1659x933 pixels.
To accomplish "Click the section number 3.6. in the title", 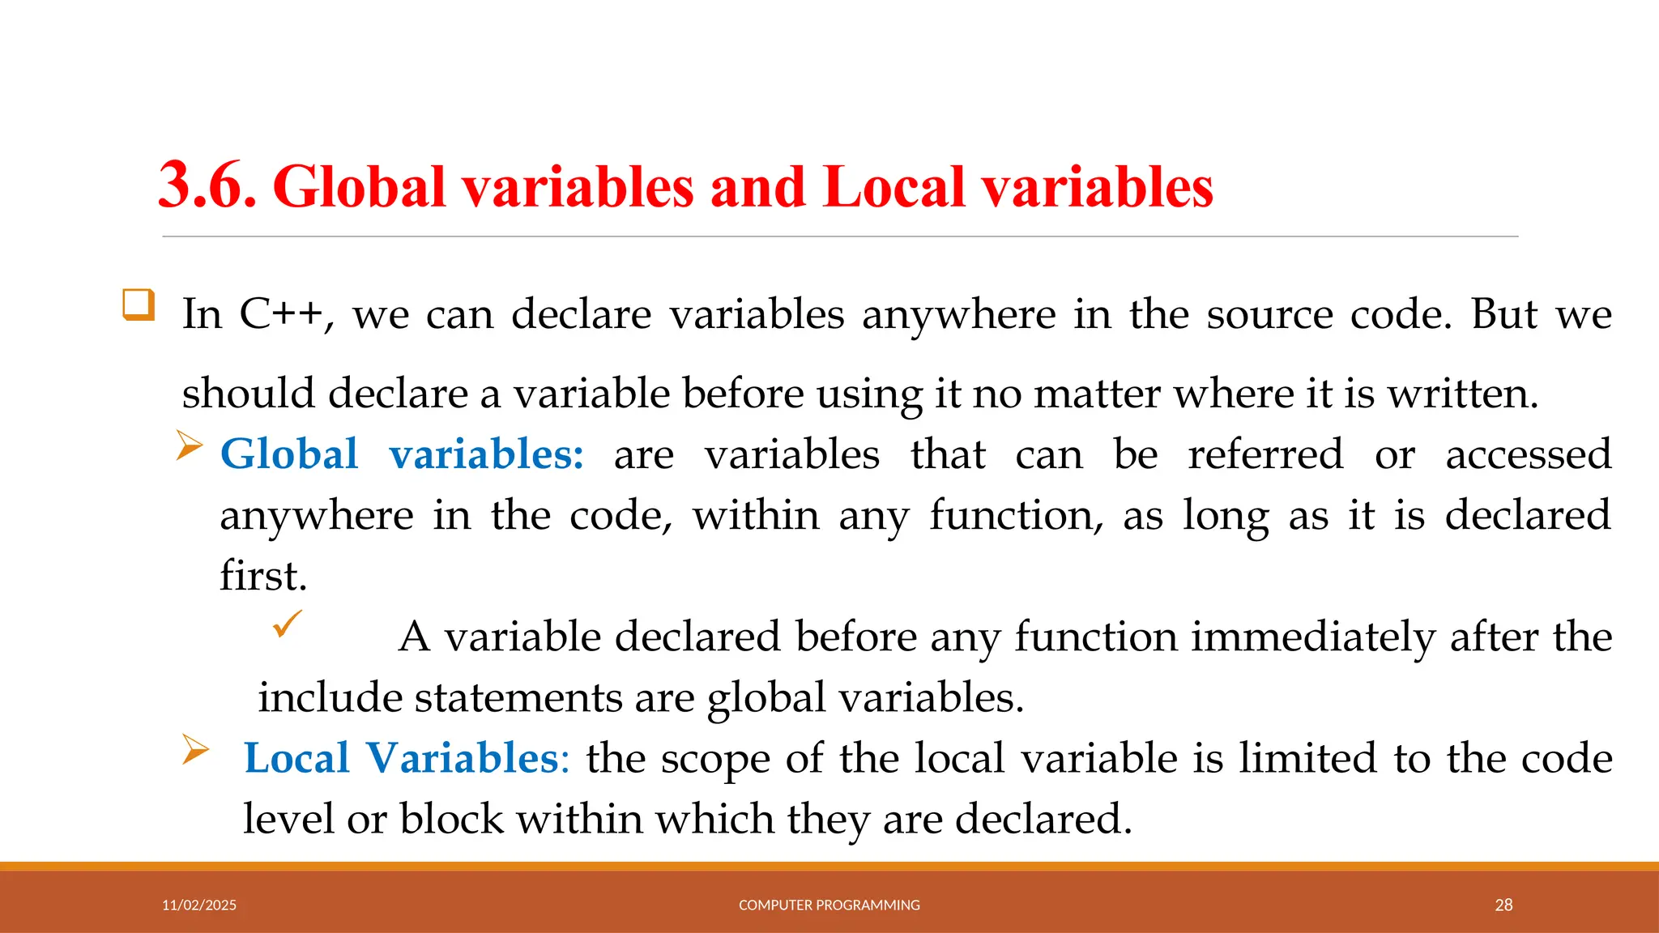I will click(207, 186).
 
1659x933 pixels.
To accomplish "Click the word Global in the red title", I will click(360, 186).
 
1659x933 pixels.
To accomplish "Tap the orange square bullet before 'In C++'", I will click(139, 305).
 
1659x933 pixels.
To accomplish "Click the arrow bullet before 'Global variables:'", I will click(189, 445).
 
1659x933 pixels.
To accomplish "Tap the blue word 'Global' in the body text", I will click(289, 454).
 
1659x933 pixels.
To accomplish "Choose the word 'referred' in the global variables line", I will click(1265, 454).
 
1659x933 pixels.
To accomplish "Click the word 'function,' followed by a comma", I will click(1016, 515).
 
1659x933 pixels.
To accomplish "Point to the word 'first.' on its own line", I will click(263, 576).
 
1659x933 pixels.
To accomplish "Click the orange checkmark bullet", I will click(288, 624).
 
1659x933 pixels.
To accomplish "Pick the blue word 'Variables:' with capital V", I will click(467, 758).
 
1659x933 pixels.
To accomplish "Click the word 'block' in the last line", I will click(451, 819).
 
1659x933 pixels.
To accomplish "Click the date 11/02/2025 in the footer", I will click(199, 905).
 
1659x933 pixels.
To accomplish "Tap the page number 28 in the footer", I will click(1503, 905).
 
